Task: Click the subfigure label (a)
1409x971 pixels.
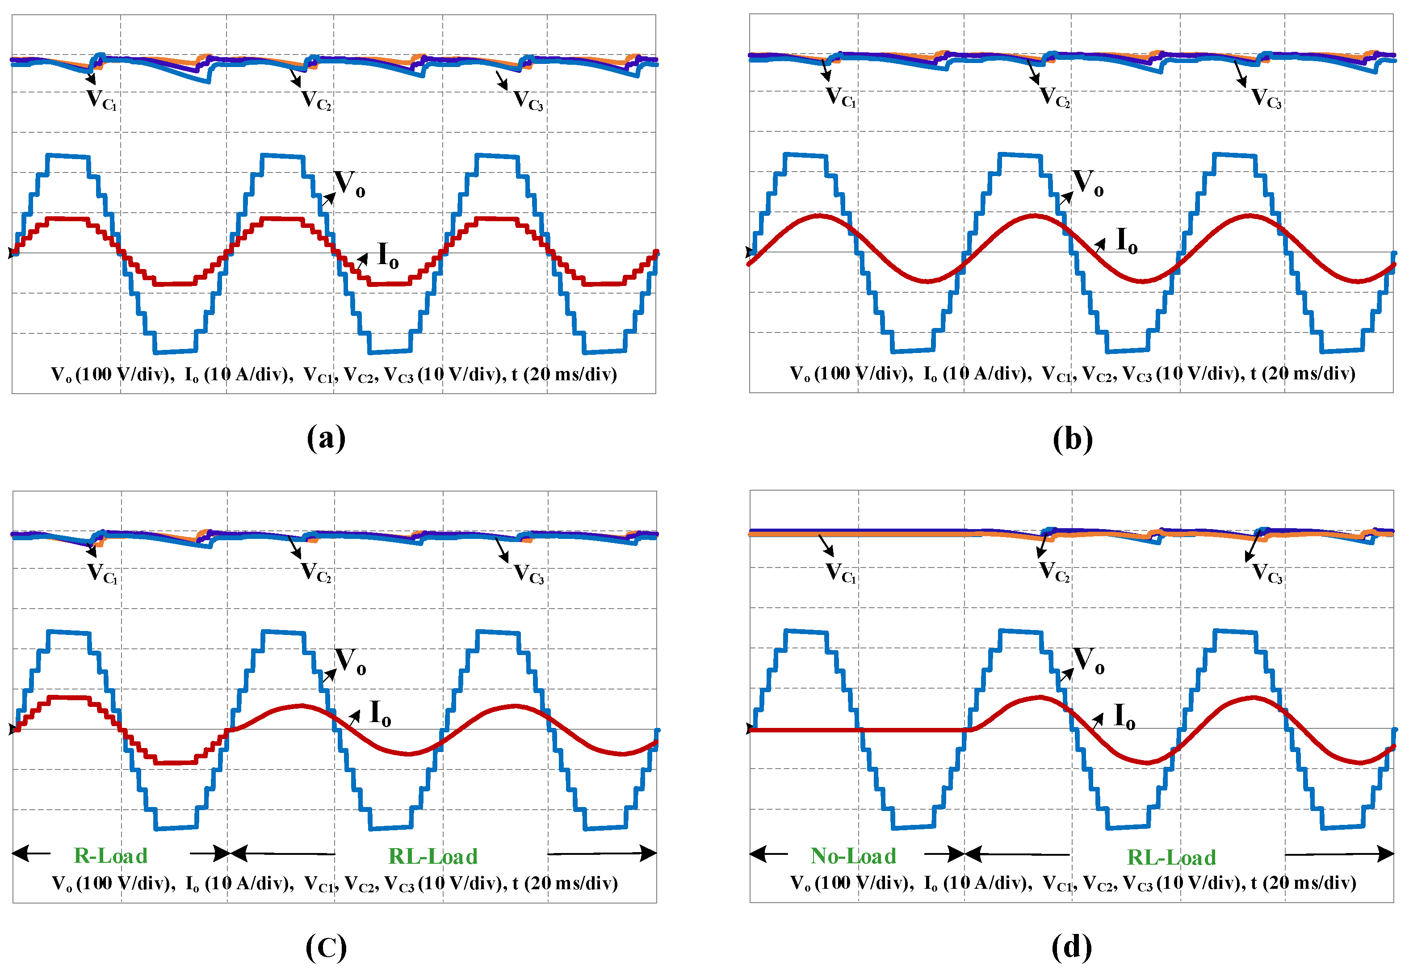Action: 326,437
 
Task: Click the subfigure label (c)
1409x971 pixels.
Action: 326,947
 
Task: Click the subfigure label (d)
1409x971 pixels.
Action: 1072,947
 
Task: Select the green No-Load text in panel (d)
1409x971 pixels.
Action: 853,856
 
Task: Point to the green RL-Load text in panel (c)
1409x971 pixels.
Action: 433,856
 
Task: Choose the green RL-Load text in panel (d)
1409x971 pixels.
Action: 1171,857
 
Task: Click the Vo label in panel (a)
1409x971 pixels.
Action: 350,183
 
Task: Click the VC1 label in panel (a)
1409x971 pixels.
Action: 101,100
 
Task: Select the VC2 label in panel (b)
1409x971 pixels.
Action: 1054,97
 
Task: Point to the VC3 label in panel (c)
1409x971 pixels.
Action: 529,573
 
